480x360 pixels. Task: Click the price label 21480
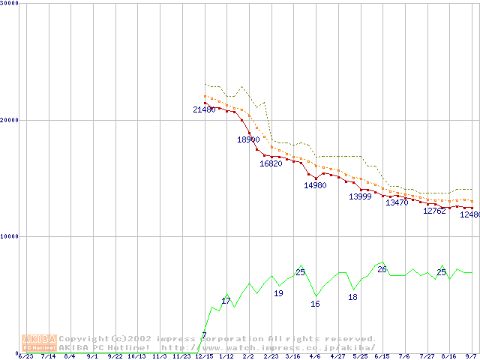[204, 109]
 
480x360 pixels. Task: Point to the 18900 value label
[248, 139]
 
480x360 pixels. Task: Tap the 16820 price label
[271, 163]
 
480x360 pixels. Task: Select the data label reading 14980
[315, 185]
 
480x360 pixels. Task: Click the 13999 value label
[360, 196]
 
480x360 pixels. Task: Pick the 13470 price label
[397, 202]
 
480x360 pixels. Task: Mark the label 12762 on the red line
[434, 211]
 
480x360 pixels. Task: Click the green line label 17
[226, 301]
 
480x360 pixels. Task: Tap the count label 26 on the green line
[382, 269]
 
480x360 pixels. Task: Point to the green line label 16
[315, 304]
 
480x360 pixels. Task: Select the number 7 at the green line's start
[204, 334]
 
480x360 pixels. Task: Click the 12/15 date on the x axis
[204, 356]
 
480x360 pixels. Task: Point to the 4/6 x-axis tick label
[315, 356]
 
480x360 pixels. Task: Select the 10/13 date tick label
[137, 356]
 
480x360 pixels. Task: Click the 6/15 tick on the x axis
[382, 356]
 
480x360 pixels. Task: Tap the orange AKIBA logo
[40, 342]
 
